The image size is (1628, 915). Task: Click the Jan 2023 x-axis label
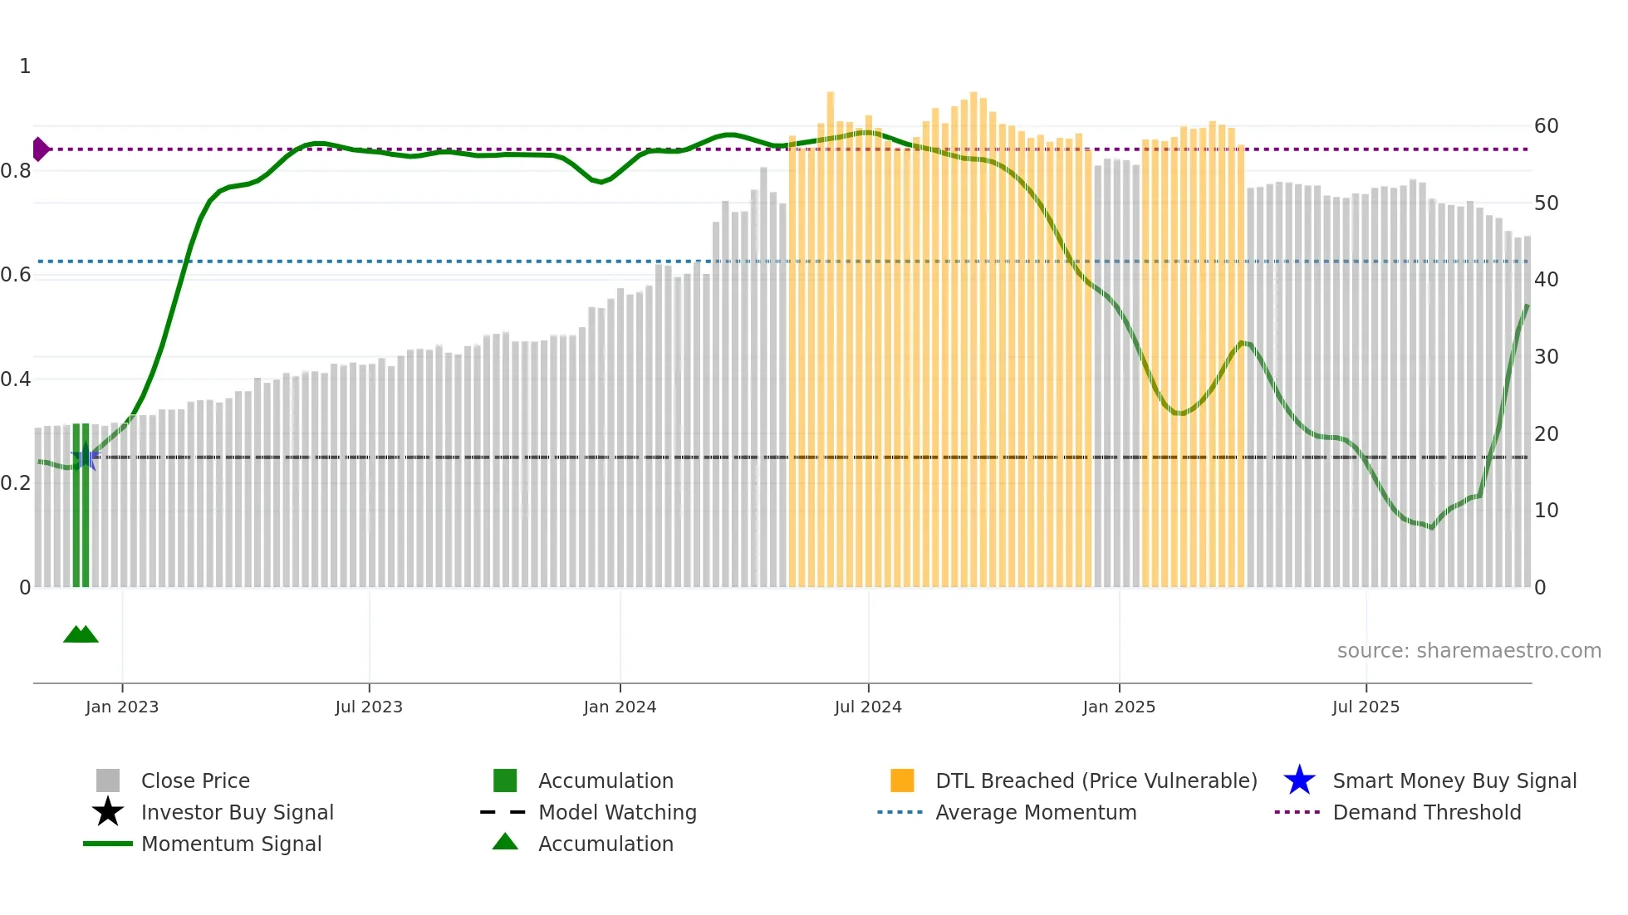(122, 707)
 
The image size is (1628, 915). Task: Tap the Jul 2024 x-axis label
(868, 707)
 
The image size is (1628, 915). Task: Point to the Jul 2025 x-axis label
(1366, 707)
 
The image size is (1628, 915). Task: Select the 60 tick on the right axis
(1546, 126)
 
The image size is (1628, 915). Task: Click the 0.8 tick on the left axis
(16, 171)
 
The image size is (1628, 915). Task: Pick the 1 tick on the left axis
(25, 66)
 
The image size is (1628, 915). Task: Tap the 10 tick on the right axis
(1546, 511)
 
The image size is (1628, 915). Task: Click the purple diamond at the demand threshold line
(40, 149)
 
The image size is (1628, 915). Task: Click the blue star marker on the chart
(85, 457)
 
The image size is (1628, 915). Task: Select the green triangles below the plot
(81, 634)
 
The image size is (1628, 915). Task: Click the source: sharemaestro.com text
(1469, 651)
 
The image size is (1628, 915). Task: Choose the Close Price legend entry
(195, 780)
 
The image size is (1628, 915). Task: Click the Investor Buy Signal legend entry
(237, 812)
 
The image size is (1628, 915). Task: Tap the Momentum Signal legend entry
(231, 844)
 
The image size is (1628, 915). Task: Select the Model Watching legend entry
(617, 812)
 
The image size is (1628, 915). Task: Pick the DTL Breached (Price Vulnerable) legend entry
(1096, 780)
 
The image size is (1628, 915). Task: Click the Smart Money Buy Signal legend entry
(1454, 780)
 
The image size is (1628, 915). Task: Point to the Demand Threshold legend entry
(1426, 812)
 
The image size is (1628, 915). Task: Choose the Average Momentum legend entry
(1035, 812)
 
